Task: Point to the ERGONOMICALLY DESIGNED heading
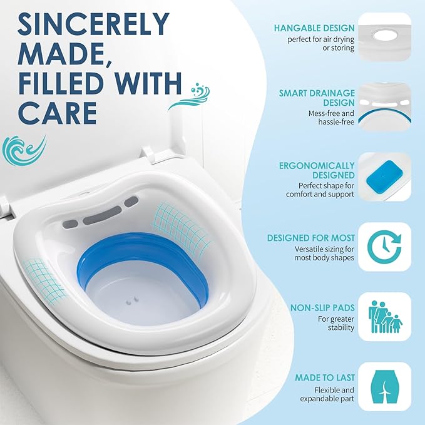tap(317, 171)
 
